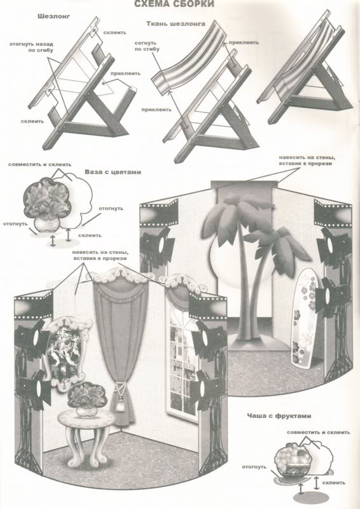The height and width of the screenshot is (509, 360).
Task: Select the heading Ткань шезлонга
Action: pyautogui.click(x=176, y=24)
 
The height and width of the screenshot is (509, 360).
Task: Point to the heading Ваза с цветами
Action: pyautogui.click(x=113, y=172)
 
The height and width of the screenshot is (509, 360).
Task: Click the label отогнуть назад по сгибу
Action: pyautogui.click(x=32, y=47)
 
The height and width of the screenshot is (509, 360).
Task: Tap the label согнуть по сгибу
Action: pyautogui.click(x=147, y=46)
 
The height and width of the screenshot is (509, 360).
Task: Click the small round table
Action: pyautogui.click(x=86, y=438)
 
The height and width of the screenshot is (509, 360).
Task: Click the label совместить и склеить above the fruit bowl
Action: pyautogui.click(x=319, y=433)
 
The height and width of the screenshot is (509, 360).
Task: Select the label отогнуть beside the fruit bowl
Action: pyautogui.click(x=254, y=467)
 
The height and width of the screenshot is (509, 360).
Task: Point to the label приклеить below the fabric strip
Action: pyautogui.click(x=156, y=109)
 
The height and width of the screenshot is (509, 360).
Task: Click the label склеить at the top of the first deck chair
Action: pyautogui.click(x=115, y=32)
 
